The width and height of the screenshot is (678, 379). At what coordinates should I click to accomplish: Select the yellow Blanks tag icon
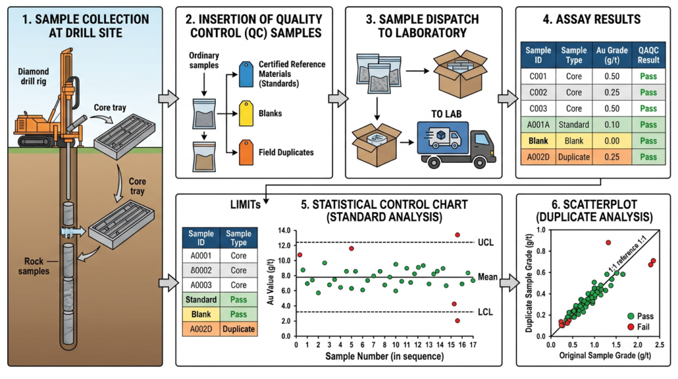pos(246,113)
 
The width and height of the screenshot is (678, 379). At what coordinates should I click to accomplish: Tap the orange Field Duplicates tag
pos(246,151)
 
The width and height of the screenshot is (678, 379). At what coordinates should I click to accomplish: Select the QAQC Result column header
pos(650,54)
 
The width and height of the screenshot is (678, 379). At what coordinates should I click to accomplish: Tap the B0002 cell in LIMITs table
pos(201,270)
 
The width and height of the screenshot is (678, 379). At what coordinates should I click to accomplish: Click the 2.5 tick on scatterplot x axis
pos(659,345)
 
